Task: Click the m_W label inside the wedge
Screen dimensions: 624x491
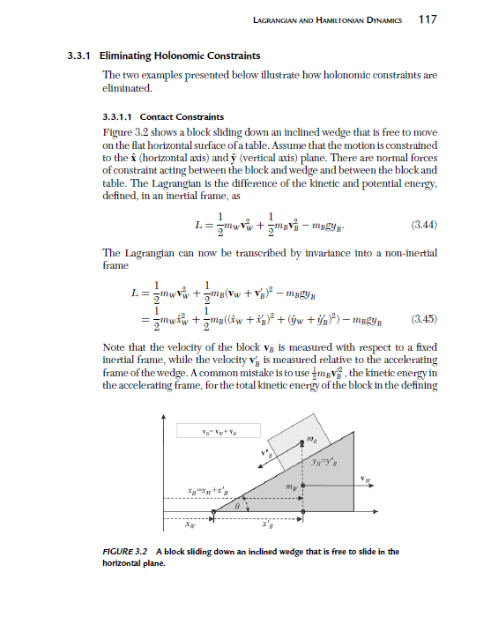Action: [288, 485]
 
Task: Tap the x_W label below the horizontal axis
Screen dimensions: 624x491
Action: [189, 528]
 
